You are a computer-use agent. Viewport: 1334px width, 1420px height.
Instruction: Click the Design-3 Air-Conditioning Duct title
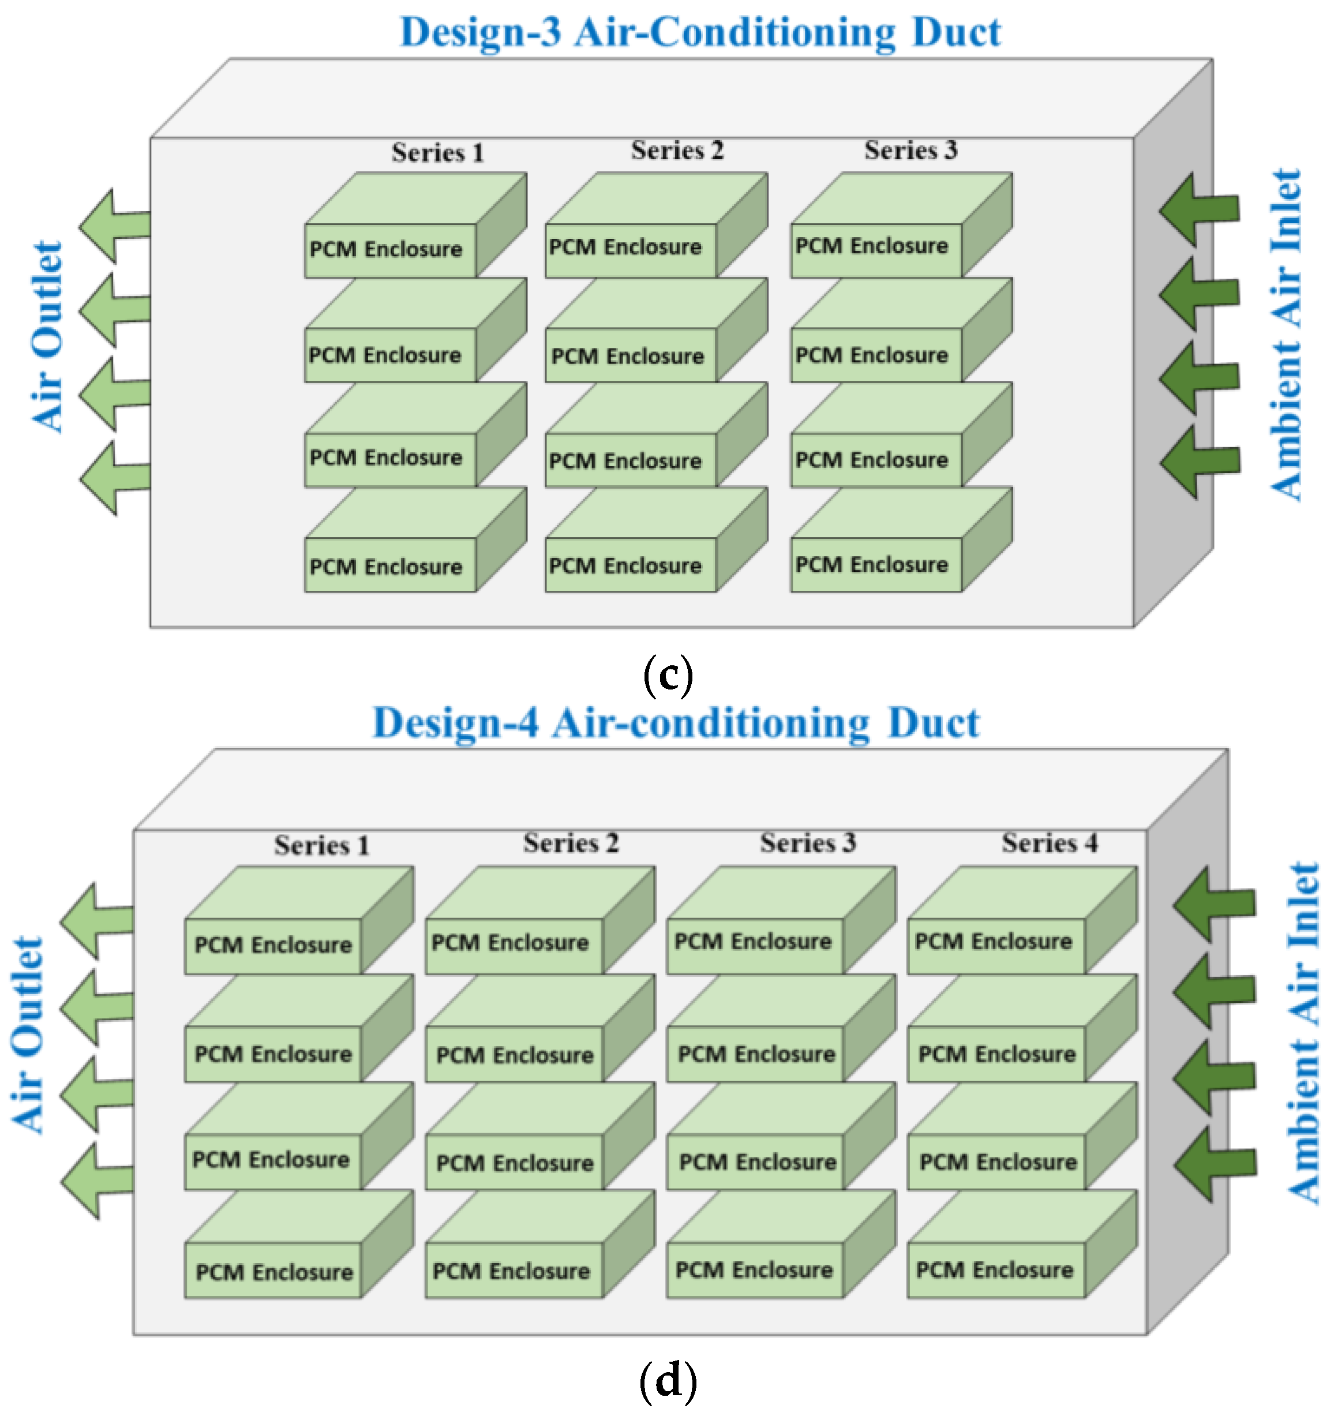(x=700, y=32)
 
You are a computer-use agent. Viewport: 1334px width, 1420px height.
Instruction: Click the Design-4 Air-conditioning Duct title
(x=676, y=723)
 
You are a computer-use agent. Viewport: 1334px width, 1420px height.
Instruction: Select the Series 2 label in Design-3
(x=677, y=151)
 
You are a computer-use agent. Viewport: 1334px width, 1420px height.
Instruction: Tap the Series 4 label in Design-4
(x=1049, y=843)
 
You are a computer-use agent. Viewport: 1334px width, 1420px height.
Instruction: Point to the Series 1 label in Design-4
(x=321, y=846)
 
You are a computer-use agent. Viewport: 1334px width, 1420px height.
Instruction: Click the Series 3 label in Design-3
(x=910, y=150)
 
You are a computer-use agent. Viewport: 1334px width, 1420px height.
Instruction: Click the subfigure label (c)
(x=668, y=675)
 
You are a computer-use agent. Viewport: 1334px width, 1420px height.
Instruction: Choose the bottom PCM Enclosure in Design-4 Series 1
(x=273, y=1272)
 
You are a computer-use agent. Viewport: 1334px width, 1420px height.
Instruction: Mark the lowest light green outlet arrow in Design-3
(x=114, y=477)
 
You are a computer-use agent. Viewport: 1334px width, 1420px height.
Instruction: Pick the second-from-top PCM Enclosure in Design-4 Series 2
(x=514, y=1054)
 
